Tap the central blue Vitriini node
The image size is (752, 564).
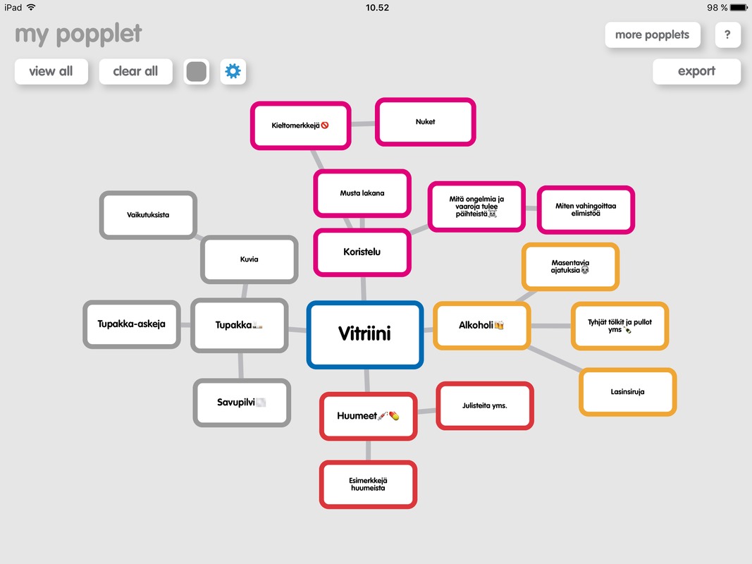(x=365, y=335)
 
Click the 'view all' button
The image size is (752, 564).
(x=51, y=71)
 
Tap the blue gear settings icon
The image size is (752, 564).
(x=233, y=71)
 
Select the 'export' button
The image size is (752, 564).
(x=696, y=71)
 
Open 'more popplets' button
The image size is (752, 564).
(x=652, y=35)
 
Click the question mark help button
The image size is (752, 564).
(x=727, y=35)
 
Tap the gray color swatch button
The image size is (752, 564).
(x=196, y=71)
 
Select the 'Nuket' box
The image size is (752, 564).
(x=426, y=122)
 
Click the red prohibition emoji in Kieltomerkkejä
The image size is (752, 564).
(x=325, y=125)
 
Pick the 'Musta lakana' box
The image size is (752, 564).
(x=362, y=193)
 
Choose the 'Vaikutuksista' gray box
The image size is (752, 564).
(x=148, y=215)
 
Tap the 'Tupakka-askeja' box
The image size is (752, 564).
(x=131, y=324)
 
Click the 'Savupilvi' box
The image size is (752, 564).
(x=242, y=403)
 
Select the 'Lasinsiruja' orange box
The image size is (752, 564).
(x=627, y=392)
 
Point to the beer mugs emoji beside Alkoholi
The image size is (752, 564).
(x=499, y=325)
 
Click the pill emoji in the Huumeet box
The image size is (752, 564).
(x=394, y=415)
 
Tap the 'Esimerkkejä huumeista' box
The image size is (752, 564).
(x=368, y=484)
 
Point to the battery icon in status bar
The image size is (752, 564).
(x=739, y=8)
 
